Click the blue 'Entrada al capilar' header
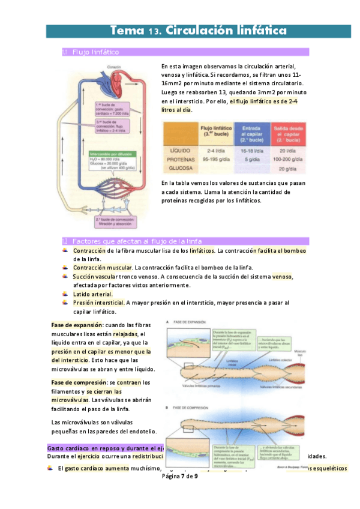254,132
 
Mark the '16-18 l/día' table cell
254,151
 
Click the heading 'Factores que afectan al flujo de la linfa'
137,241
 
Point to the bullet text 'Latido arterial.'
93,294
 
